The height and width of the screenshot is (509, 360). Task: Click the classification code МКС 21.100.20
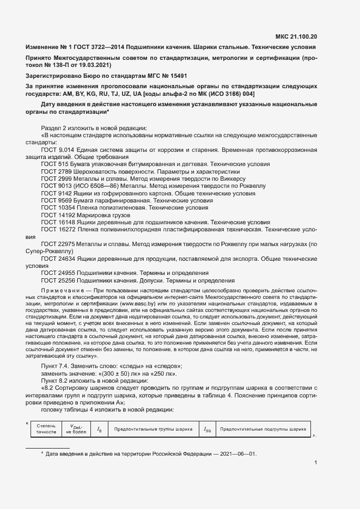tap(295, 37)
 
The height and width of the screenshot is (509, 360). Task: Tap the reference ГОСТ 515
tap(53, 164)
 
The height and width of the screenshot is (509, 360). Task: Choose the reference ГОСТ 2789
tap(55, 171)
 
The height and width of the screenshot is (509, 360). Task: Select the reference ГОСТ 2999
tap(55, 178)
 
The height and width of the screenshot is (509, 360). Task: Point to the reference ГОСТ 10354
tap(57, 207)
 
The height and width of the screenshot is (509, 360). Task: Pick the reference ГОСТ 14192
tap(57, 215)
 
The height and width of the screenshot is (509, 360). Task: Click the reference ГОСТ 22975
tap(57, 244)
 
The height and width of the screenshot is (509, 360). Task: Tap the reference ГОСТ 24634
tap(57, 259)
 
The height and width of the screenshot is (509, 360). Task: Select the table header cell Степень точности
tap(46, 428)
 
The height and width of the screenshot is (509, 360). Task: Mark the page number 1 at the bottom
tap(316, 463)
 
